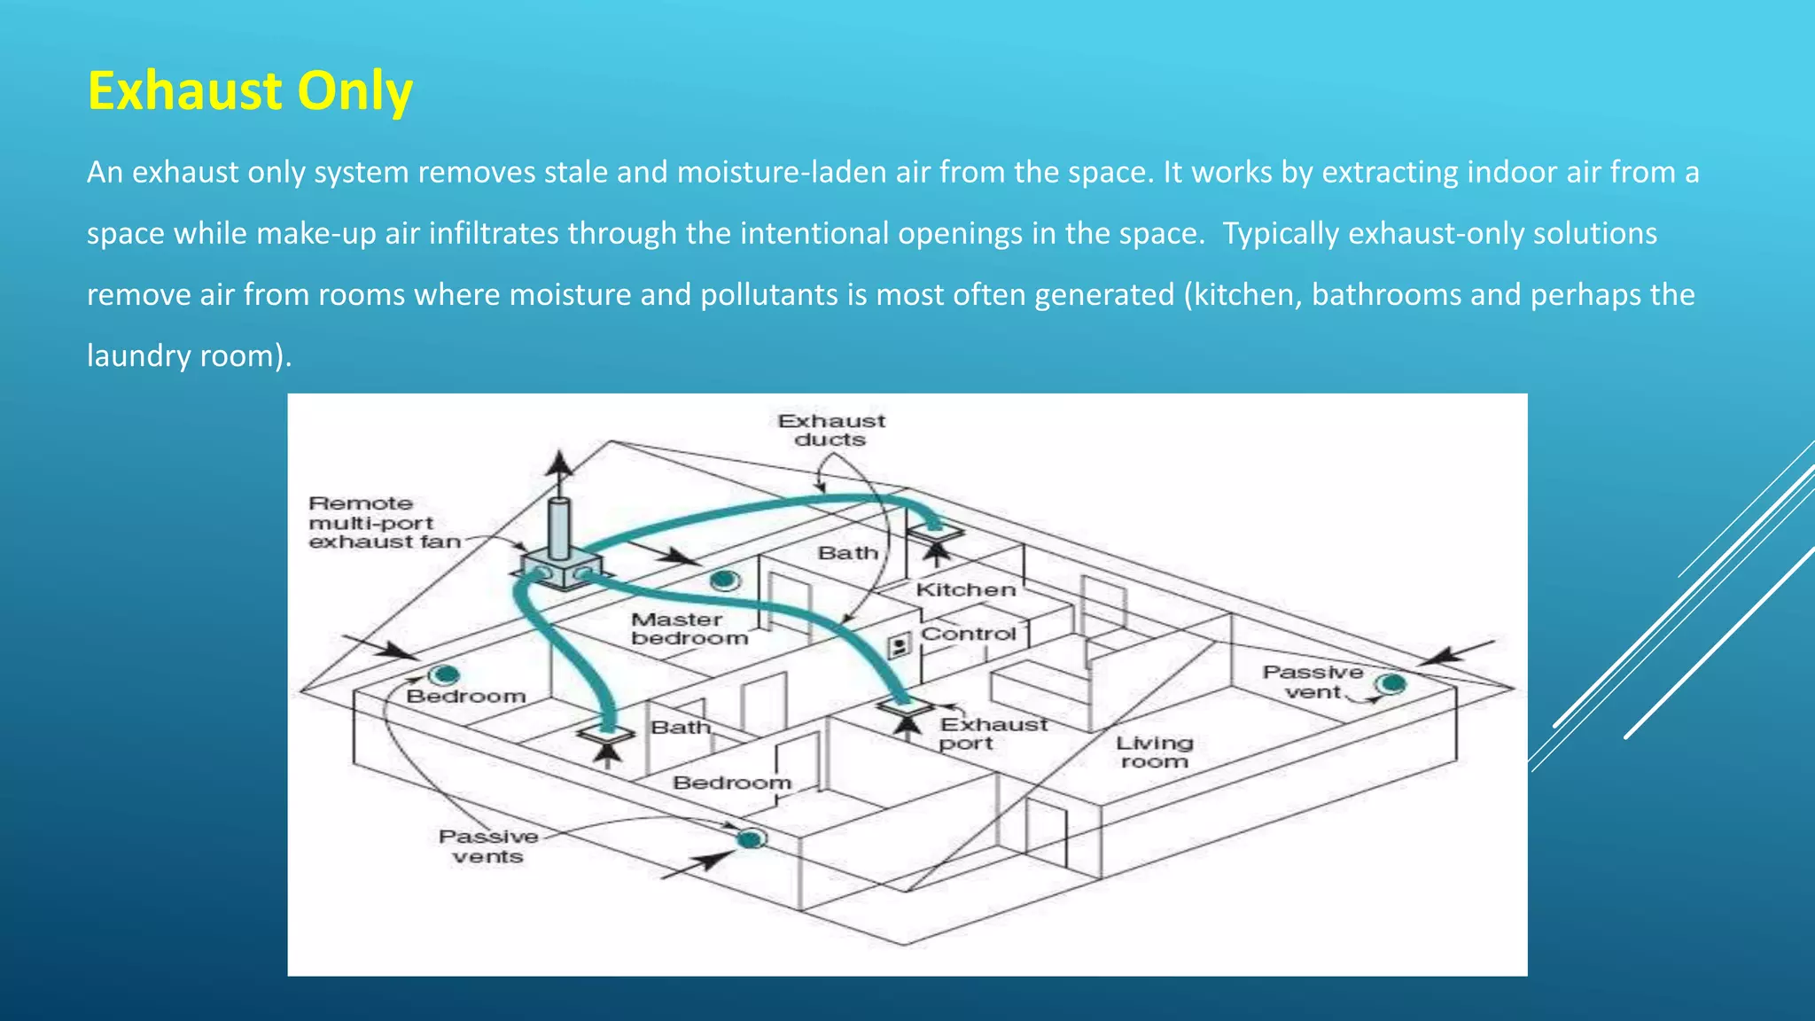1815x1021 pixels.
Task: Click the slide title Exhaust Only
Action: [250, 91]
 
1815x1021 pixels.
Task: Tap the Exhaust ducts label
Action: [831, 430]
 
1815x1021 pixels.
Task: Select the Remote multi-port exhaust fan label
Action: [384, 523]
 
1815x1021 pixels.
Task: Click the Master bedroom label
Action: [689, 628]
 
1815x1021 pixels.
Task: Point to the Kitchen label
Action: [966, 589]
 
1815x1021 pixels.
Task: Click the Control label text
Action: [968, 634]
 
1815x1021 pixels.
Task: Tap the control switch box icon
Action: [900, 645]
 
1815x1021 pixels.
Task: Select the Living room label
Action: [1154, 752]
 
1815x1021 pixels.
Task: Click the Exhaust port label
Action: [993, 733]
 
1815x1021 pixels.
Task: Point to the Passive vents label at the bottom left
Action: [488, 846]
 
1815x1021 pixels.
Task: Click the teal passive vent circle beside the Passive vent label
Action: [1392, 683]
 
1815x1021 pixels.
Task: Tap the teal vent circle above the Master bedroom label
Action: [725, 581]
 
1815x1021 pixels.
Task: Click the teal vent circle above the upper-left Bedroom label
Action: [444, 675]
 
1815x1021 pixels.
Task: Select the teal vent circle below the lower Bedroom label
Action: [751, 838]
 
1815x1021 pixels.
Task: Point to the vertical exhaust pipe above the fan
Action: [559, 526]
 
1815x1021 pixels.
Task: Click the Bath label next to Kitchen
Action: [847, 553]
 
